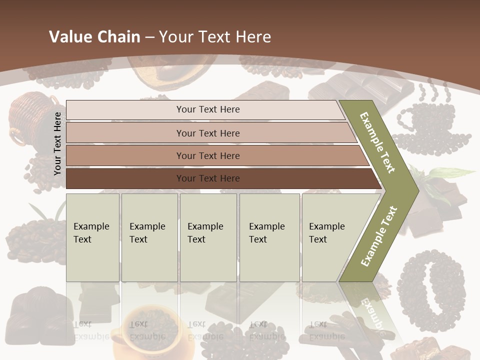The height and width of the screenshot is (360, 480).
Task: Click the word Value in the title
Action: pyautogui.click(x=70, y=37)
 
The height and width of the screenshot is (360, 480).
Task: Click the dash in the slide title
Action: pyautogui.click(x=149, y=37)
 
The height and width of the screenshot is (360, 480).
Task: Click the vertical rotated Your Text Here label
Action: pyautogui.click(x=57, y=143)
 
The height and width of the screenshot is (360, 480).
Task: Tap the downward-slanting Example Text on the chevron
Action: pyautogui.click(x=377, y=142)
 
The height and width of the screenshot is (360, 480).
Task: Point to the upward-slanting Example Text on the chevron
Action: pyautogui.click(x=379, y=236)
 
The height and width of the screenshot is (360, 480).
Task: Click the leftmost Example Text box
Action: pyautogui.click(x=92, y=237)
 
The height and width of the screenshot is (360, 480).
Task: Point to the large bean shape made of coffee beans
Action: pyautogui.click(x=430, y=290)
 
